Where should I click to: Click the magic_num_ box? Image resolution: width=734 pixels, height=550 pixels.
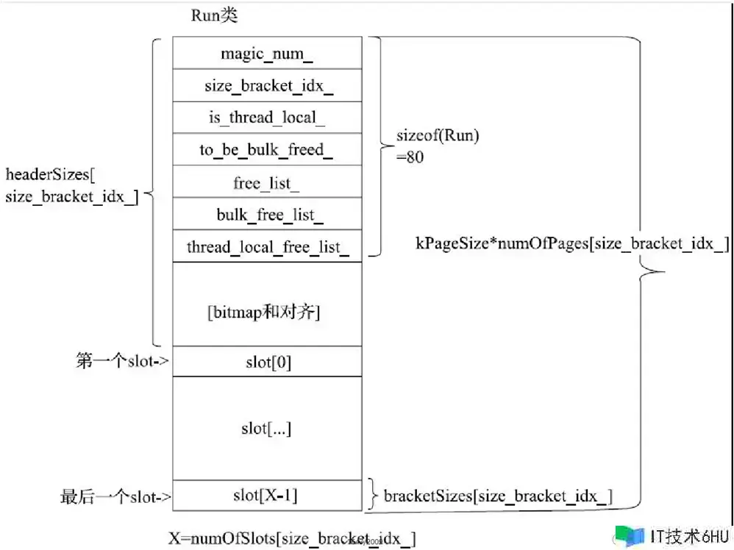(268, 53)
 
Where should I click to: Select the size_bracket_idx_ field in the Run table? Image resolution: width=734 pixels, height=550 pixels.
(268, 85)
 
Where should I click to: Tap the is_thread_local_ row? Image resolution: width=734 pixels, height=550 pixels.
(268, 118)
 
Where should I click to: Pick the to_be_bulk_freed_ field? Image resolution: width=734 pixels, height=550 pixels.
(268, 150)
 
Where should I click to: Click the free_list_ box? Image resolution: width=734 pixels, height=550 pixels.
(268, 182)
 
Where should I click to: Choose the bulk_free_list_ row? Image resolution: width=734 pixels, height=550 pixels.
(268, 215)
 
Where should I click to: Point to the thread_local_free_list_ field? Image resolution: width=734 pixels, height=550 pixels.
(268, 246)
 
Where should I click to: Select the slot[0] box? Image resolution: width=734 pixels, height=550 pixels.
(268, 361)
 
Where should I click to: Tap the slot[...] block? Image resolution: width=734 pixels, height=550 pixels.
(268, 428)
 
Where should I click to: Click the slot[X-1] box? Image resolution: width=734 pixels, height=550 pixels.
(268, 496)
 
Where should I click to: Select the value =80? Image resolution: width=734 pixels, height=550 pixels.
(410, 157)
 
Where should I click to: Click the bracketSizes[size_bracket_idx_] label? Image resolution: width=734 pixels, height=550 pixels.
(499, 496)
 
